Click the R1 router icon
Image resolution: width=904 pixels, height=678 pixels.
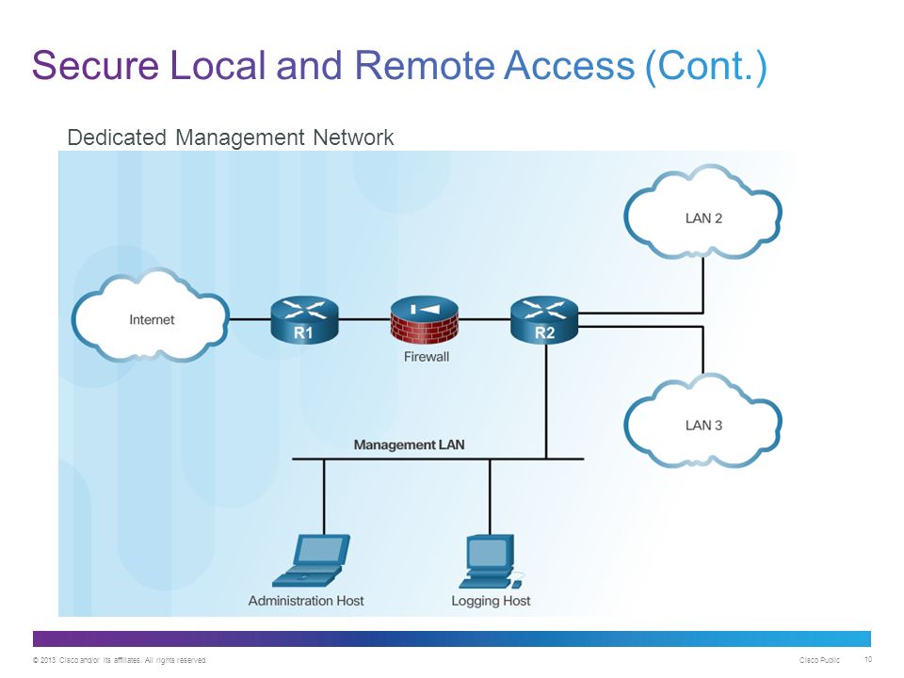304,319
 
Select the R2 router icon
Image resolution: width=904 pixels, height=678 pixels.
544,320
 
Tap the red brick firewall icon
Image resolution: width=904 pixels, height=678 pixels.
425,319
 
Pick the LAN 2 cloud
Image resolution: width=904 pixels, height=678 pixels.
702,214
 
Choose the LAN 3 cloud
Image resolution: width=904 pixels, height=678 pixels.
702,421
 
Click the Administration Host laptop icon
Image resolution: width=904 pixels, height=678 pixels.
312,560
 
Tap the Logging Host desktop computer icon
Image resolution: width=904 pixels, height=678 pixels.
492,562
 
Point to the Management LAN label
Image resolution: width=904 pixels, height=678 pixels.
409,444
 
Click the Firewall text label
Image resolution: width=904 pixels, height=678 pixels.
426,357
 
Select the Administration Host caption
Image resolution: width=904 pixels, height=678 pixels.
306,601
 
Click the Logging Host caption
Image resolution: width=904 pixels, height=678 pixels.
491,601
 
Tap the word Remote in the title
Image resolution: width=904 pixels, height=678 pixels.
425,65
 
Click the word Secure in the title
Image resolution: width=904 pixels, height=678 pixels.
96,65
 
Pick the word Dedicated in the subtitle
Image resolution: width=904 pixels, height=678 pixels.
117,137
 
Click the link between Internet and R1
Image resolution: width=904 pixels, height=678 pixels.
250,319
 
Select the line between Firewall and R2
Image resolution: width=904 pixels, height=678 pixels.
485,319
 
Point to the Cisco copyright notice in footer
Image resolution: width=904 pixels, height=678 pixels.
120,660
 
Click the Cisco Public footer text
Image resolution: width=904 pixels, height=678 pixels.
819,660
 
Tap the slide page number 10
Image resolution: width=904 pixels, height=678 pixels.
868,659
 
